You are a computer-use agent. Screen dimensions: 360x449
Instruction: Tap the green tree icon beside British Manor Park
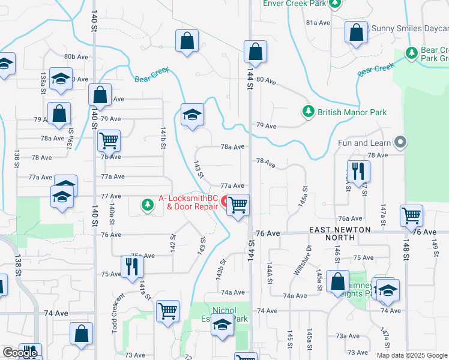pos(308,112)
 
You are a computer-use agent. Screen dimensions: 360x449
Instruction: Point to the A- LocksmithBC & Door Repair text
pos(188,202)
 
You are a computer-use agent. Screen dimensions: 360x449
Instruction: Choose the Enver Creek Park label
pos(295,3)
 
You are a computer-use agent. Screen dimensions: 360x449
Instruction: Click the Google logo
pos(20,353)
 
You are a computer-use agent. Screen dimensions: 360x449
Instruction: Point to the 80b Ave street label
pos(76,57)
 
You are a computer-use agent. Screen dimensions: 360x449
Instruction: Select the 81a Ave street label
pos(318,23)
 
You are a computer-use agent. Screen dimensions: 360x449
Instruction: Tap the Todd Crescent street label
pos(117,309)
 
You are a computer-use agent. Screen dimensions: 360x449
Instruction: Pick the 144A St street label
pos(270,273)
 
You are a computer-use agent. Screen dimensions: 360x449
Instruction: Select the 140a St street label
pos(112,212)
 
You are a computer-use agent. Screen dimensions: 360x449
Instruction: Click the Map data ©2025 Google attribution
pos(411,355)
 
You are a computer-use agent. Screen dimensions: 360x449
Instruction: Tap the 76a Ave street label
pos(351,219)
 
